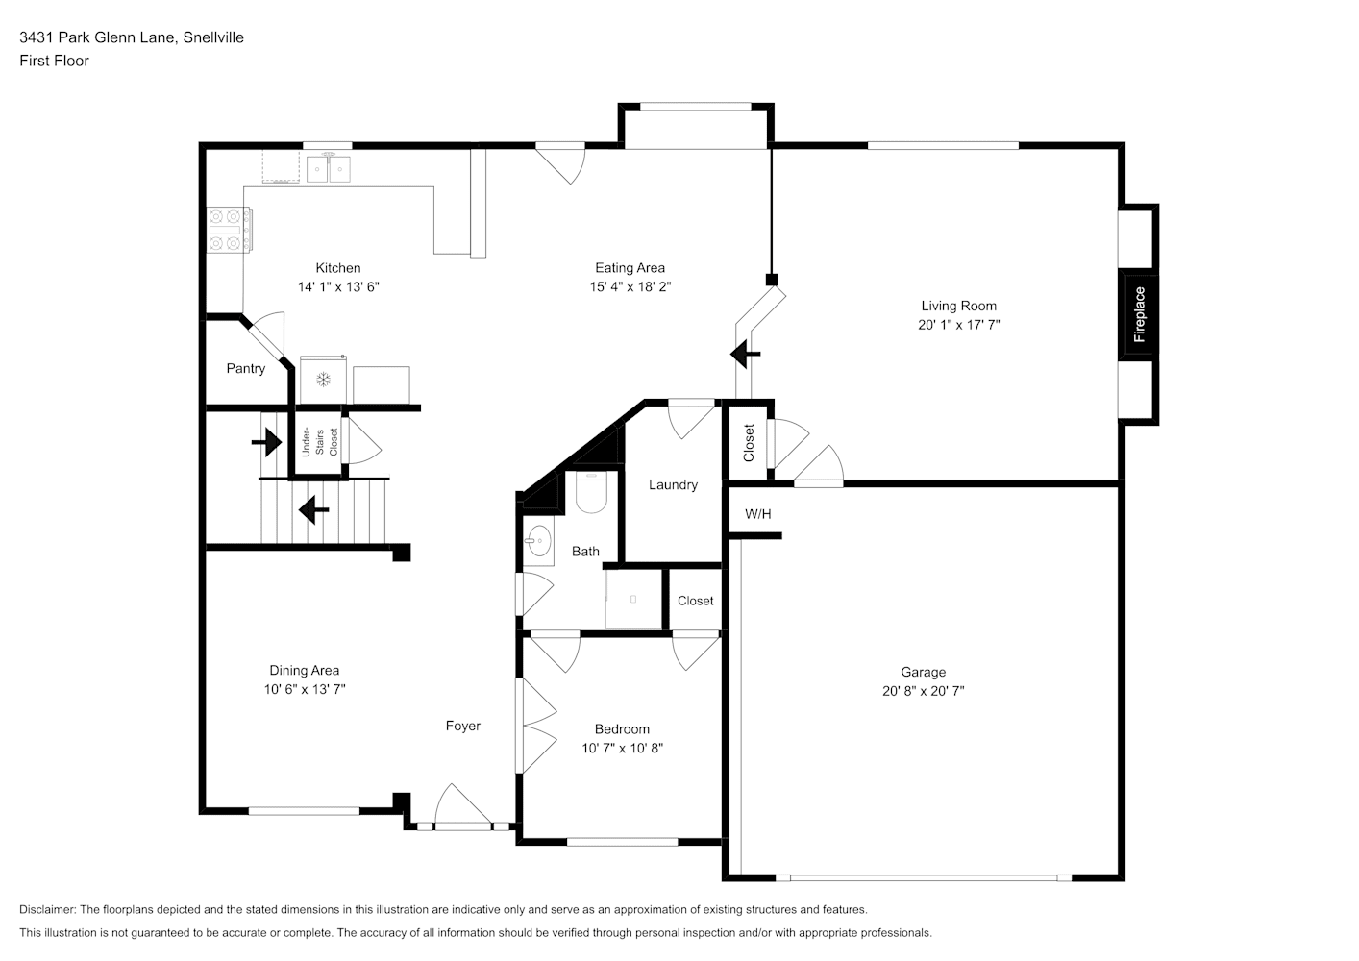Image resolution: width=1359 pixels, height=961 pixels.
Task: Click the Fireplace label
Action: point(1139,314)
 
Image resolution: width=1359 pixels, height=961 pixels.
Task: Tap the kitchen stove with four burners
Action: point(229,230)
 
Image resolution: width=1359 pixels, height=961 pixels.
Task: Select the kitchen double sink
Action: point(329,168)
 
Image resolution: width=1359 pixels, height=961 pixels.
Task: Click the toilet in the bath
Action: point(591,492)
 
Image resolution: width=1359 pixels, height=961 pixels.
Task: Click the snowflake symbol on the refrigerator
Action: point(323,380)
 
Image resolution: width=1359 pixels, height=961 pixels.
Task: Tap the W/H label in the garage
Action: point(757,514)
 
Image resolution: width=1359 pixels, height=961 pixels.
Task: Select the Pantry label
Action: point(246,368)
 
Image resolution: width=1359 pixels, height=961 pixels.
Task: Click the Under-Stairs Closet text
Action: point(319,442)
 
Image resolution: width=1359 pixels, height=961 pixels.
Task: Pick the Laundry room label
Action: point(673,484)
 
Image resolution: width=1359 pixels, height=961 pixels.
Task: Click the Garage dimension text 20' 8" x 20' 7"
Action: point(923,690)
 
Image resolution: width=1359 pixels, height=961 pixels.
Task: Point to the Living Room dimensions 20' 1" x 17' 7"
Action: point(958,325)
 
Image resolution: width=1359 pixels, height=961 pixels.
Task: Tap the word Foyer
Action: point(463,726)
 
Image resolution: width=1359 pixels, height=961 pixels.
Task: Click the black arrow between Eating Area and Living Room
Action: point(745,354)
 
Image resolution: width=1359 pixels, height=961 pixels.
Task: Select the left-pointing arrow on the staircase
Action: point(313,509)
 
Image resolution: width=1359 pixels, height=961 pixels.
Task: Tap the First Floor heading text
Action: point(54,61)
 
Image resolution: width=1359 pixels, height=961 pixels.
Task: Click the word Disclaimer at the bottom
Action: point(47,909)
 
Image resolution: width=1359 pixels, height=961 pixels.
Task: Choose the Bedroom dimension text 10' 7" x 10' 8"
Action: point(622,748)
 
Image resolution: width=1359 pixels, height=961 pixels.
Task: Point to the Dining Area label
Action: point(304,671)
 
